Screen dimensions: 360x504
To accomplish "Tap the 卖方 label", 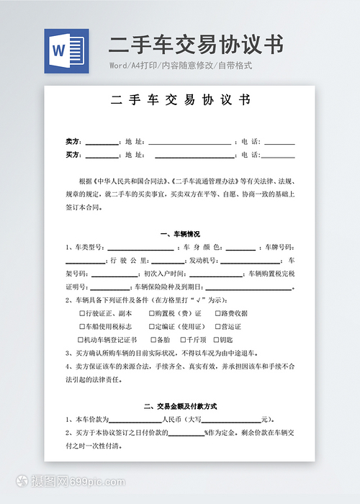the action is (x=73, y=141).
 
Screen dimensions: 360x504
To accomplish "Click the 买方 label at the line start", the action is (x=73, y=155).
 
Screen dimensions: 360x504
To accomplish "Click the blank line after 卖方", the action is (x=102, y=142).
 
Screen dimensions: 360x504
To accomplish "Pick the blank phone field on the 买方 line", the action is (x=279, y=156).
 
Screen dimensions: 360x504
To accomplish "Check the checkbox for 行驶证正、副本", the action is (x=81, y=314).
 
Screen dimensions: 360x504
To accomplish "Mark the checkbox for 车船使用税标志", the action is (x=81, y=326).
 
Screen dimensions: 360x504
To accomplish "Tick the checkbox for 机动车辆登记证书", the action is (x=81, y=339).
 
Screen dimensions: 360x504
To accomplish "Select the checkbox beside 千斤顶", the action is (x=181, y=339).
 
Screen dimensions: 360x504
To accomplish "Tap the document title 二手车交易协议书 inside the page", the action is (x=180, y=102).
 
